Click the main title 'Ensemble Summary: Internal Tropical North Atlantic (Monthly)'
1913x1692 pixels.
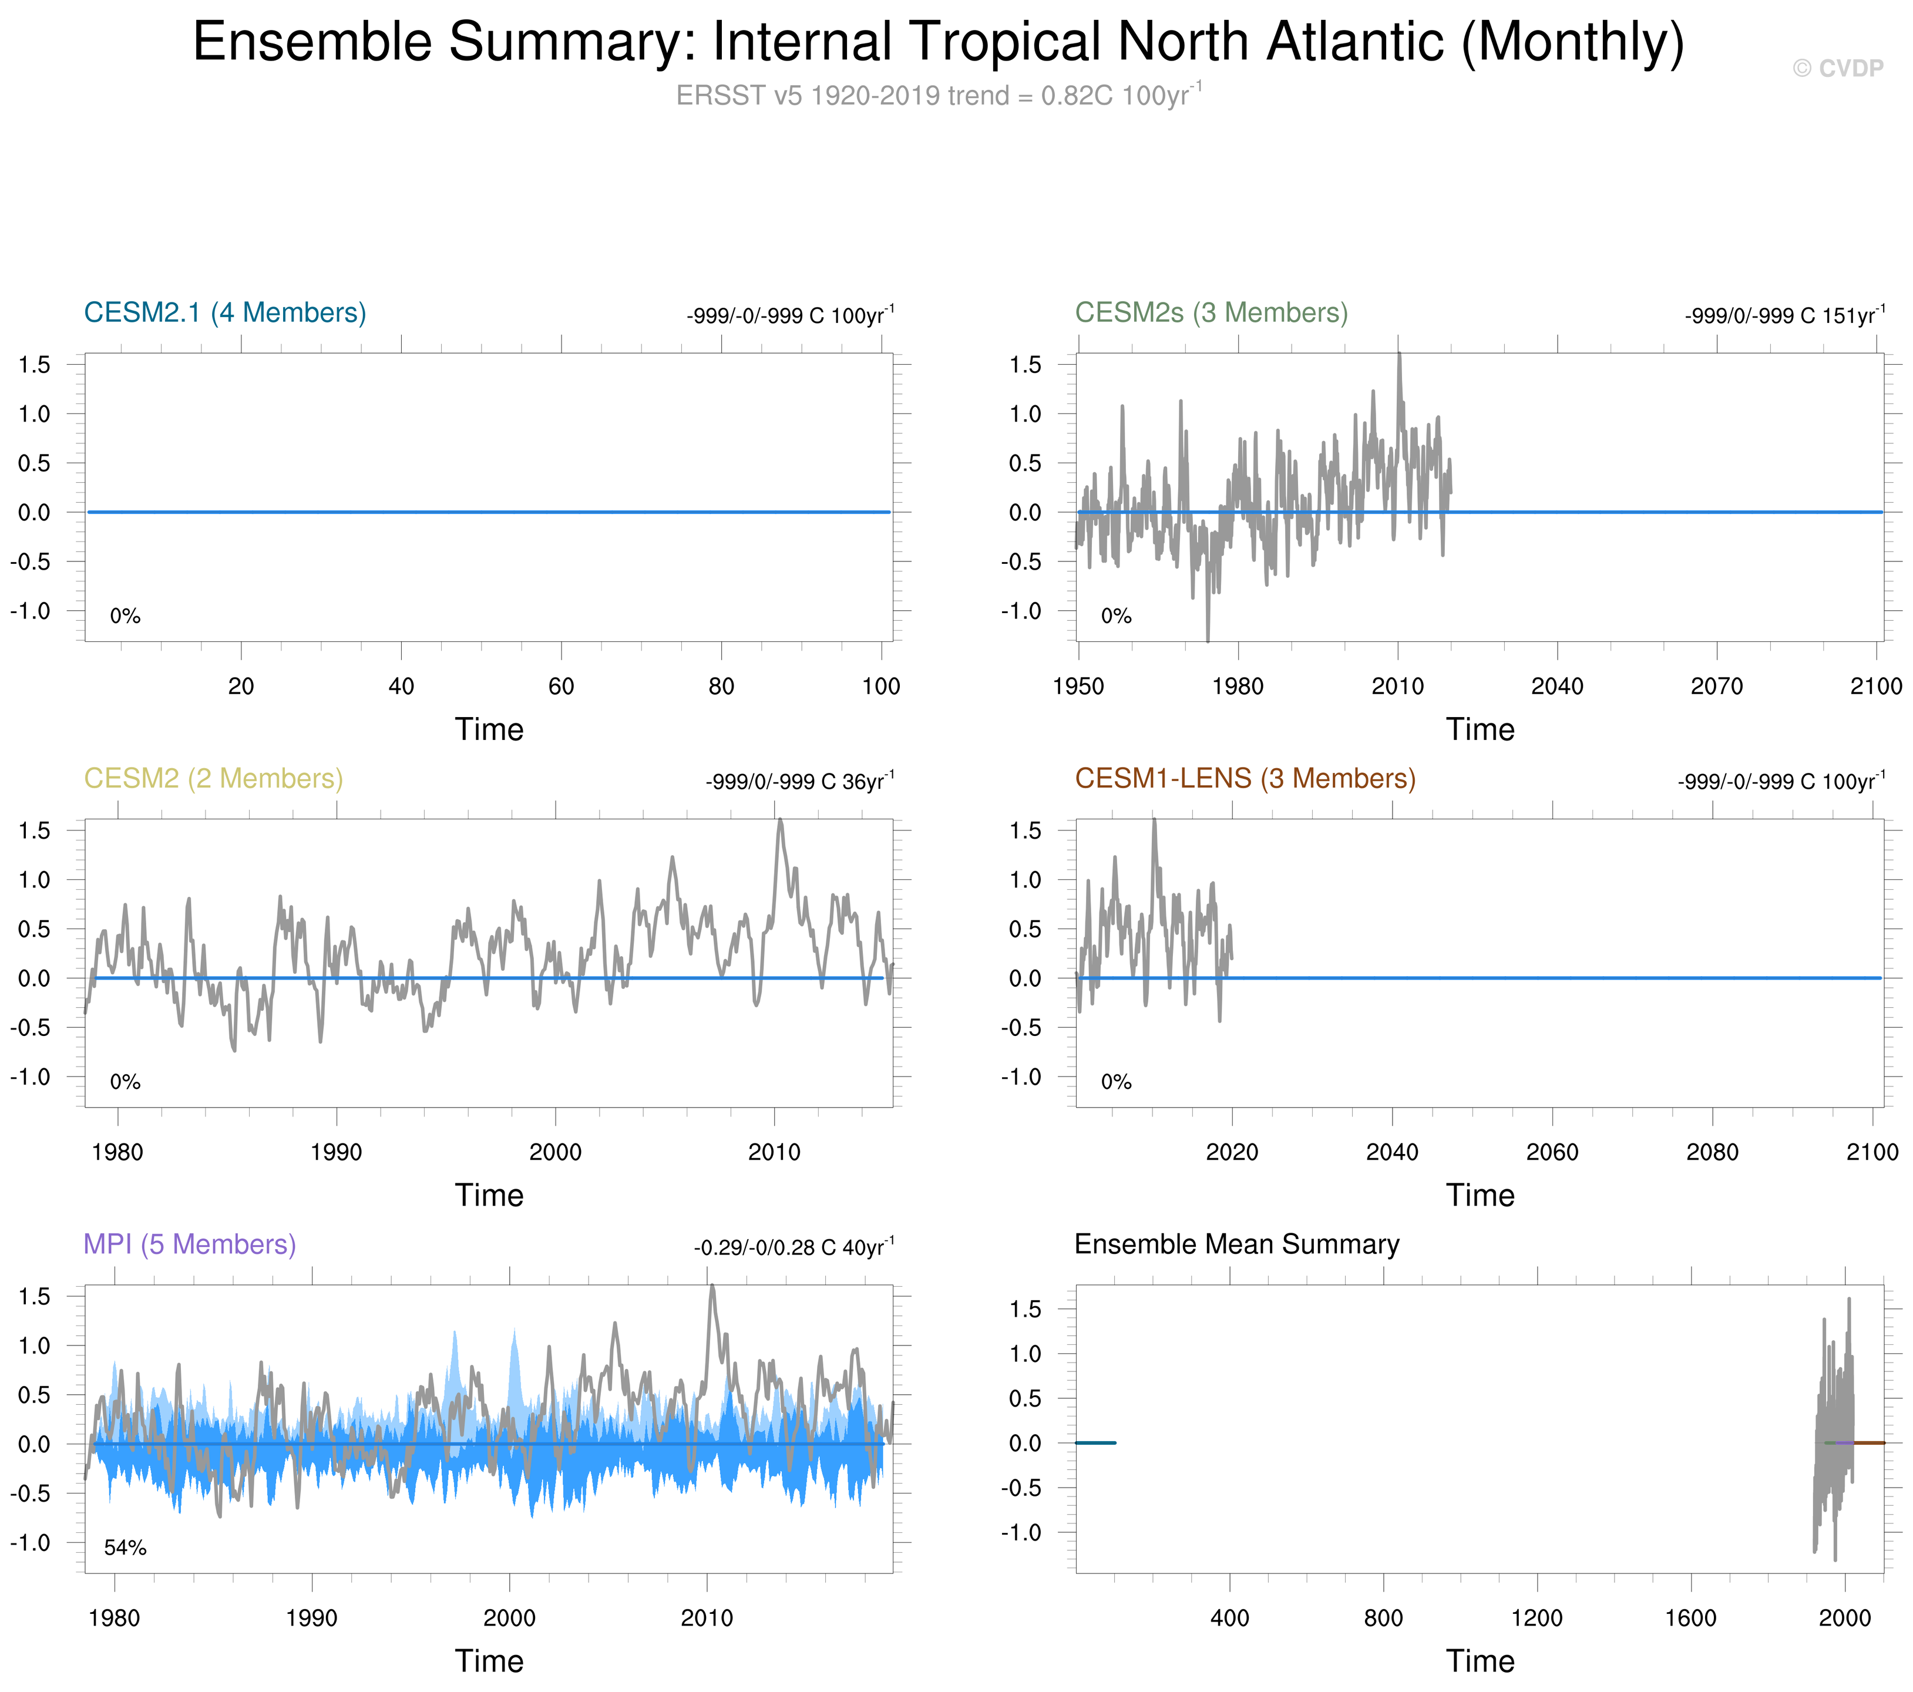point(938,42)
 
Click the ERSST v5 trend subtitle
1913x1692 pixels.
point(938,96)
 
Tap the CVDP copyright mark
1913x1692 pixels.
point(1837,68)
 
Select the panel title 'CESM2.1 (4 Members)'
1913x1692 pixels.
point(224,312)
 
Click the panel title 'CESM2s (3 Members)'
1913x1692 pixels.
point(1211,312)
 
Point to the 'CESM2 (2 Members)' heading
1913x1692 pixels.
point(213,779)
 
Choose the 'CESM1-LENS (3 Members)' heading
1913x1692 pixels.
point(1245,779)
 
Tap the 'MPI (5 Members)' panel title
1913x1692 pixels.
point(190,1244)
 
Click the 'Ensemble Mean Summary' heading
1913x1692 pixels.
point(1236,1244)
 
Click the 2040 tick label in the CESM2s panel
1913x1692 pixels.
point(1557,686)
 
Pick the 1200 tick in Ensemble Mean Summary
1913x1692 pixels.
point(1537,1618)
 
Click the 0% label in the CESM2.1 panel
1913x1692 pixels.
point(126,616)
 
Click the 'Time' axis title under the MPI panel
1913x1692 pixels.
point(489,1661)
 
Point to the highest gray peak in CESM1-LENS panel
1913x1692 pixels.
point(1154,820)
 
